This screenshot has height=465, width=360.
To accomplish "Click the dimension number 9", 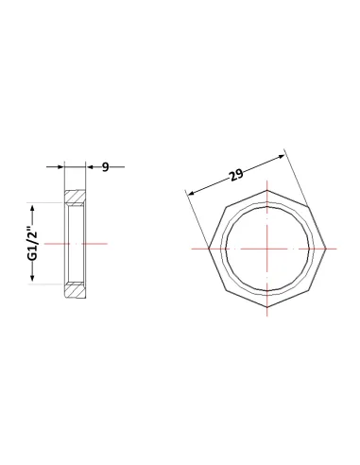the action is [x=106, y=167].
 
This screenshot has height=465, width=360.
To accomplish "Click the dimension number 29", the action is [x=236, y=175].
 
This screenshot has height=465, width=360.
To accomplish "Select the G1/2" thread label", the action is [x=32, y=243].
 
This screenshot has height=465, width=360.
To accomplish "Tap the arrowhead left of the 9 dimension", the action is [x=60, y=166].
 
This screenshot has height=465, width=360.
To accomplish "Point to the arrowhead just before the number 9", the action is [x=90, y=167].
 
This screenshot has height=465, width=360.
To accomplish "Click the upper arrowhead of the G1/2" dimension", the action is [x=32, y=208].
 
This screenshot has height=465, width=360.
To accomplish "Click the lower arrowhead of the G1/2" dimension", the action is [x=32, y=277].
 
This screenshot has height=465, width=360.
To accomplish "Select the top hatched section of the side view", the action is [x=75, y=197].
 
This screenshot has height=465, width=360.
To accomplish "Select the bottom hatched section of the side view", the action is [x=75, y=291].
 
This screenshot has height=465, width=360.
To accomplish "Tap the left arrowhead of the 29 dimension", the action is [x=190, y=193].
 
